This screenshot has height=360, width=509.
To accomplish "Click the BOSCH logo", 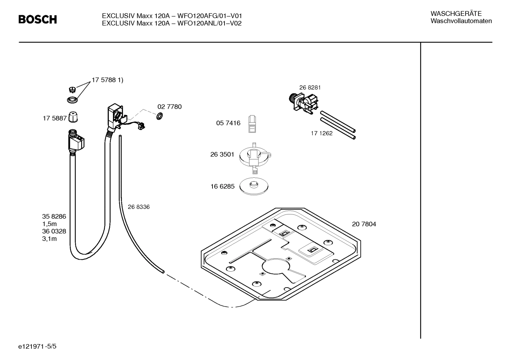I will click(37, 19).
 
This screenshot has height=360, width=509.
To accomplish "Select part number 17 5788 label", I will click(107, 80).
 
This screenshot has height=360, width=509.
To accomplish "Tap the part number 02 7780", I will click(169, 107).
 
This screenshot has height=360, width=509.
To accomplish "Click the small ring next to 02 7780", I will click(160, 116).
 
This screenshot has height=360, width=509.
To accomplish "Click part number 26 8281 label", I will click(310, 88).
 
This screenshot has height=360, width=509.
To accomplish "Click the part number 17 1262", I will click(322, 134).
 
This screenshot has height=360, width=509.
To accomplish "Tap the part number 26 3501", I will click(222, 154).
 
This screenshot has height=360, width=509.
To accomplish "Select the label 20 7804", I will click(364, 224).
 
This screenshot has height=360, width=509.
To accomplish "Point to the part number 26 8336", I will click(138, 207).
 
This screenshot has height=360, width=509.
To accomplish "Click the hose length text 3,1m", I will click(49, 239).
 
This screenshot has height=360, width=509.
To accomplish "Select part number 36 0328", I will click(54, 231).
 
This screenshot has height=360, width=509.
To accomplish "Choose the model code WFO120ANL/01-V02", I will click(209, 24).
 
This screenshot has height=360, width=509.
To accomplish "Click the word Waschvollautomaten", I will click(461, 21).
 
